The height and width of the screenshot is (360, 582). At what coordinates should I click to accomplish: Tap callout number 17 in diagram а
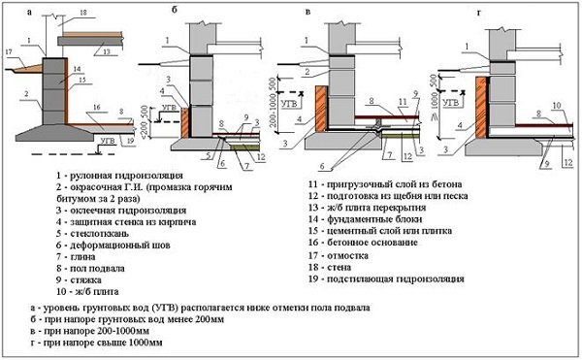[x=9, y=51]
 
